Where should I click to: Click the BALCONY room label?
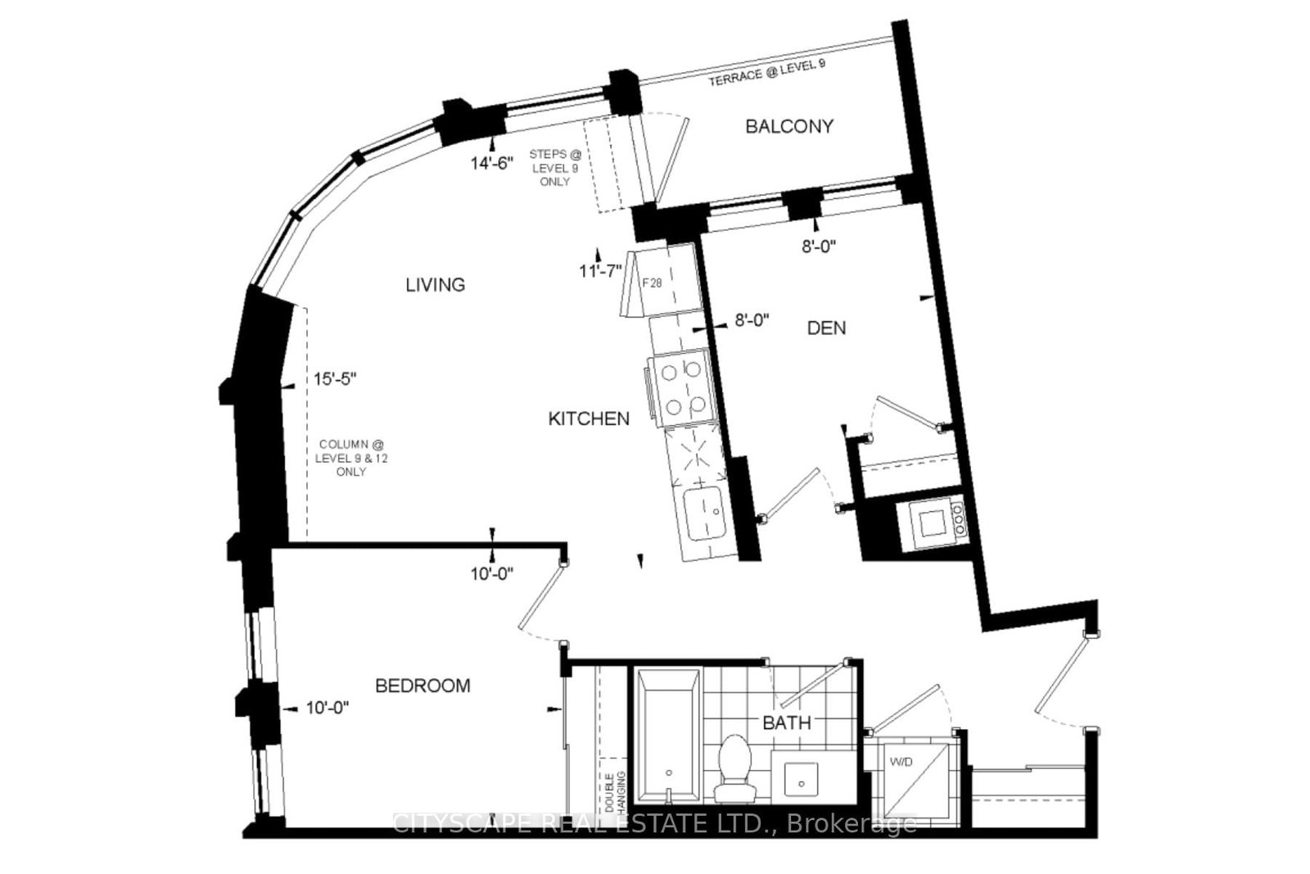point(789,126)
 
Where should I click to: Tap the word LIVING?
point(436,285)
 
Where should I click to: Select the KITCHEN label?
point(589,419)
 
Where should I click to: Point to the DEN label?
point(826,328)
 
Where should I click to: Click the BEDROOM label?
point(422,686)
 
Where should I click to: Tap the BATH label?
point(787,723)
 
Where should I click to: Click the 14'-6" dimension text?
point(492,163)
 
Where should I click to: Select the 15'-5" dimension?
point(335,379)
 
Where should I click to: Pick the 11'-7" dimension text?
point(600,271)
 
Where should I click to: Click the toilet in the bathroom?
point(734,768)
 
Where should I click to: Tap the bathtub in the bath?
point(668,736)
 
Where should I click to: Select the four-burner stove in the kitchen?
point(682,387)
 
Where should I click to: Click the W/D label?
point(901,763)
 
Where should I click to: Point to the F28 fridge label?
point(652,283)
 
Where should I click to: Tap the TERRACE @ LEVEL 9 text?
point(766,73)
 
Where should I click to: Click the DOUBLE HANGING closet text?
point(615,791)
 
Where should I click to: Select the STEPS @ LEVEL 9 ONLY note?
point(555,168)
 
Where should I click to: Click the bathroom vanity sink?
point(801,779)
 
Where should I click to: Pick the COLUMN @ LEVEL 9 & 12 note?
point(351,458)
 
